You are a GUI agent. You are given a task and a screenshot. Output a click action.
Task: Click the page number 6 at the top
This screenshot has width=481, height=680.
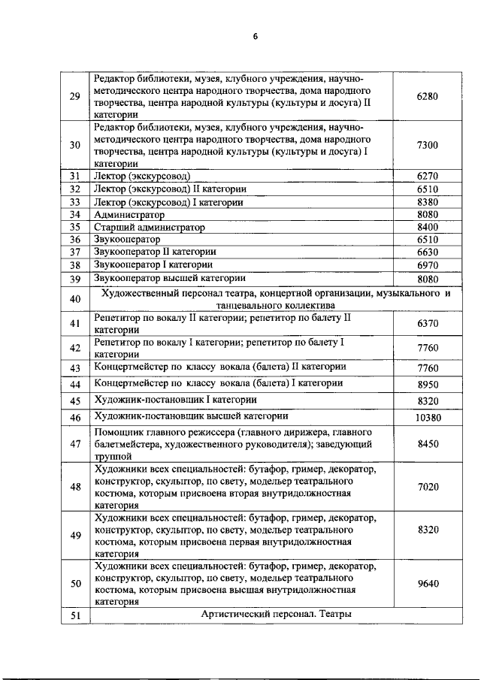coord(254,38)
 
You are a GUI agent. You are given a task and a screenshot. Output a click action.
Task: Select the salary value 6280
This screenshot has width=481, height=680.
coord(427,97)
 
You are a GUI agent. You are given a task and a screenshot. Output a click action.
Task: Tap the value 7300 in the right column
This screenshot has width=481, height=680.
coord(427,145)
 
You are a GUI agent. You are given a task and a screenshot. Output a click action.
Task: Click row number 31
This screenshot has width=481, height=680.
coord(74,176)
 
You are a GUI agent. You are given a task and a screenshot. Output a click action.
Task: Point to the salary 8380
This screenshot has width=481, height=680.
coord(427,202)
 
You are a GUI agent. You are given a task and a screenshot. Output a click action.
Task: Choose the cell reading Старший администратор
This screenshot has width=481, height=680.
coord(149,227)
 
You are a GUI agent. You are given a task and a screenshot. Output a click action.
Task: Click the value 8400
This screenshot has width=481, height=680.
coord(427,227)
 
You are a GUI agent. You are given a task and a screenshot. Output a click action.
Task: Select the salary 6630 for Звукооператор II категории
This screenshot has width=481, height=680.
coord(427,252)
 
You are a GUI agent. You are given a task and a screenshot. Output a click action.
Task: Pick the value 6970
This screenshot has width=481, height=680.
coord(427,265)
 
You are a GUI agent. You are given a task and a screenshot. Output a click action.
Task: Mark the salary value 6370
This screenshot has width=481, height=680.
coord(427,324)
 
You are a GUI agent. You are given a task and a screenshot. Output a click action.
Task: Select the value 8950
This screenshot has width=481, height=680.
coord(427,383)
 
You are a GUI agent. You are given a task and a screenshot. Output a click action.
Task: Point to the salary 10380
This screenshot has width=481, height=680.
coord(427,418)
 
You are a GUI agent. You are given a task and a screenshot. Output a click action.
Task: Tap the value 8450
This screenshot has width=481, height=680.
coord(427,444)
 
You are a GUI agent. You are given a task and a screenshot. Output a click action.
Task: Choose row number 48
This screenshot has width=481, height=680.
coord(74,487)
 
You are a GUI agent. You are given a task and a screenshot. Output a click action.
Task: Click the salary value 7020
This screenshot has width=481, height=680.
coord(427,487)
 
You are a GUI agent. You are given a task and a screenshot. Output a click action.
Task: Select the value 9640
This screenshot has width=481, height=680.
coord(427,583)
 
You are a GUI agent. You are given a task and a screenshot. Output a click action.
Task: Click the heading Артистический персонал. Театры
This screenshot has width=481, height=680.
coord(277,614)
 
